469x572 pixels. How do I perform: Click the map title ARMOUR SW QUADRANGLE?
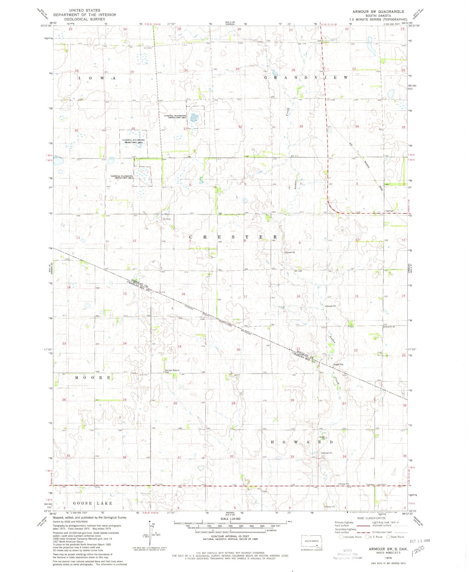(378, 11)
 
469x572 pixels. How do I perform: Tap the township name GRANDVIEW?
(306, 78)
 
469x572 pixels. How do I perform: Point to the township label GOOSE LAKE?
(93, 503)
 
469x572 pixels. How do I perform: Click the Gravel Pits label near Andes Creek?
(339, 364)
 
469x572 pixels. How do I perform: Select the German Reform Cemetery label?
(172, 371)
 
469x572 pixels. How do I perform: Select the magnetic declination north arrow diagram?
(151, 536)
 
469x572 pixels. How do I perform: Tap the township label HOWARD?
(302, 442)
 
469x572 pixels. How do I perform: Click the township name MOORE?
(93, 378)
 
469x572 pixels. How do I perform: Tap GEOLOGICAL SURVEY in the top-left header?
(84, 19)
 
